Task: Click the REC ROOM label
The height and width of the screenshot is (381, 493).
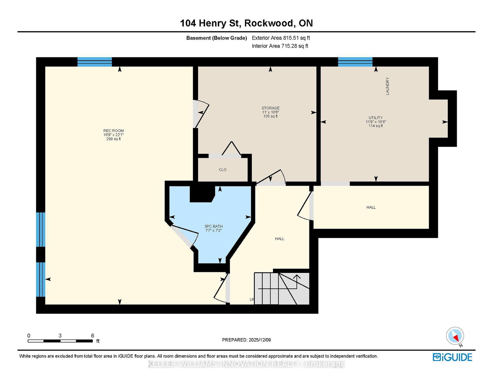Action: [113, 131]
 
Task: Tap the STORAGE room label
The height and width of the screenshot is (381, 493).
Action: [271, 108]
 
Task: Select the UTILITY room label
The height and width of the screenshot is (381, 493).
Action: [376, 118]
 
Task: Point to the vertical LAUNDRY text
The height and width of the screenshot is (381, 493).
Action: [388, 86]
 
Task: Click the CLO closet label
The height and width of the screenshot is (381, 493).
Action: [222, 170]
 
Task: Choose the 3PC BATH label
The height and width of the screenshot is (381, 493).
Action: [214, 226]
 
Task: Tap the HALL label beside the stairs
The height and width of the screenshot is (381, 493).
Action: [279, 239]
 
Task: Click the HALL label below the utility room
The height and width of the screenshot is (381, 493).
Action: [371, 207]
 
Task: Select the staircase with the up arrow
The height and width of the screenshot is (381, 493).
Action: [281, 288]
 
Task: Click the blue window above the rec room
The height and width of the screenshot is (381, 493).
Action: [95, 62]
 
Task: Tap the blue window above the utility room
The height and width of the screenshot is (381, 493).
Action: [355, 62]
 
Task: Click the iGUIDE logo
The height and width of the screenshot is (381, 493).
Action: [452, 357]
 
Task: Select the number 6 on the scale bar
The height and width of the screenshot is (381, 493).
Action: [92, 335]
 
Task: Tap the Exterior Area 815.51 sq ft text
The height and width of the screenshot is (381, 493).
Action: [281, 38]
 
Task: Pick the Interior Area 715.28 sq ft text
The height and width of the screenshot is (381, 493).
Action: [280, 46]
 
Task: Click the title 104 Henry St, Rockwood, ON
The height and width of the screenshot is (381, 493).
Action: [246, 23]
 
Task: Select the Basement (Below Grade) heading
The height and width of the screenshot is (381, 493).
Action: [216, 38]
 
